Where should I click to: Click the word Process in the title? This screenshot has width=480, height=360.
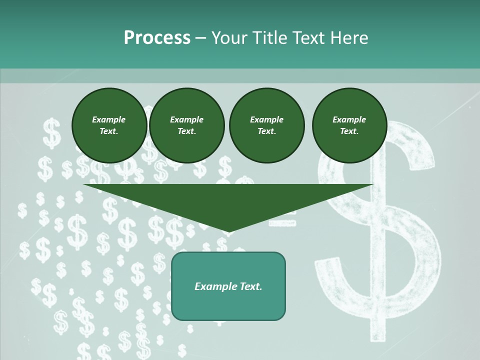(157, 38)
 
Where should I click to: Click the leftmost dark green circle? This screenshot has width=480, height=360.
(109, 125)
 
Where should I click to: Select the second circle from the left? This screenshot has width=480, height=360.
(187, 125)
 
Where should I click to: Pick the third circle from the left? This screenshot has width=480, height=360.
(266, 125)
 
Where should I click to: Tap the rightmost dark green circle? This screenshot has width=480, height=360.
(349, 125)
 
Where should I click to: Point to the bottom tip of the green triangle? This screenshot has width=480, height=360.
(228, 231)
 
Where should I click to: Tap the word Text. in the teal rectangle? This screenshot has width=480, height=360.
(251, 286)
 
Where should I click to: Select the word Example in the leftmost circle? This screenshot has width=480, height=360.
(109, 119)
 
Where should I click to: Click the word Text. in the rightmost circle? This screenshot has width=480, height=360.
(349, 131)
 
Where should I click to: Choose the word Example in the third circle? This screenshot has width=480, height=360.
(266, 119)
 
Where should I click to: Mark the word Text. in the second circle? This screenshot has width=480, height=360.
(187, 131)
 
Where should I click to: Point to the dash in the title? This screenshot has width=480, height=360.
(200, 38)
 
